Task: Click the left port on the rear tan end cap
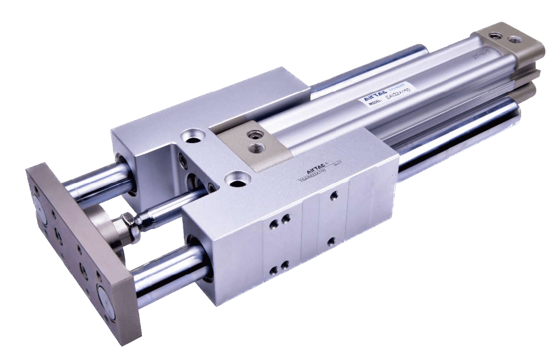493,35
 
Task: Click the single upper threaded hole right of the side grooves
334,195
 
